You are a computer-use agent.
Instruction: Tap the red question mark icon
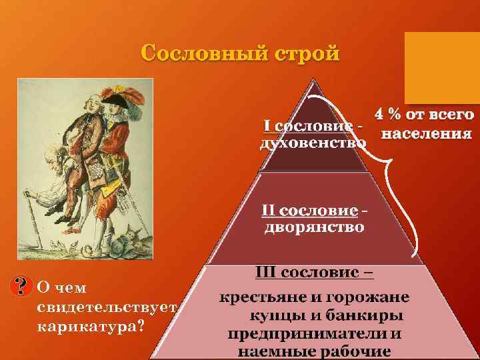click(x=23, y=287)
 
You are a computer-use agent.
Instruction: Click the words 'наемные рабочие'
click(x=314, y=351)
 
